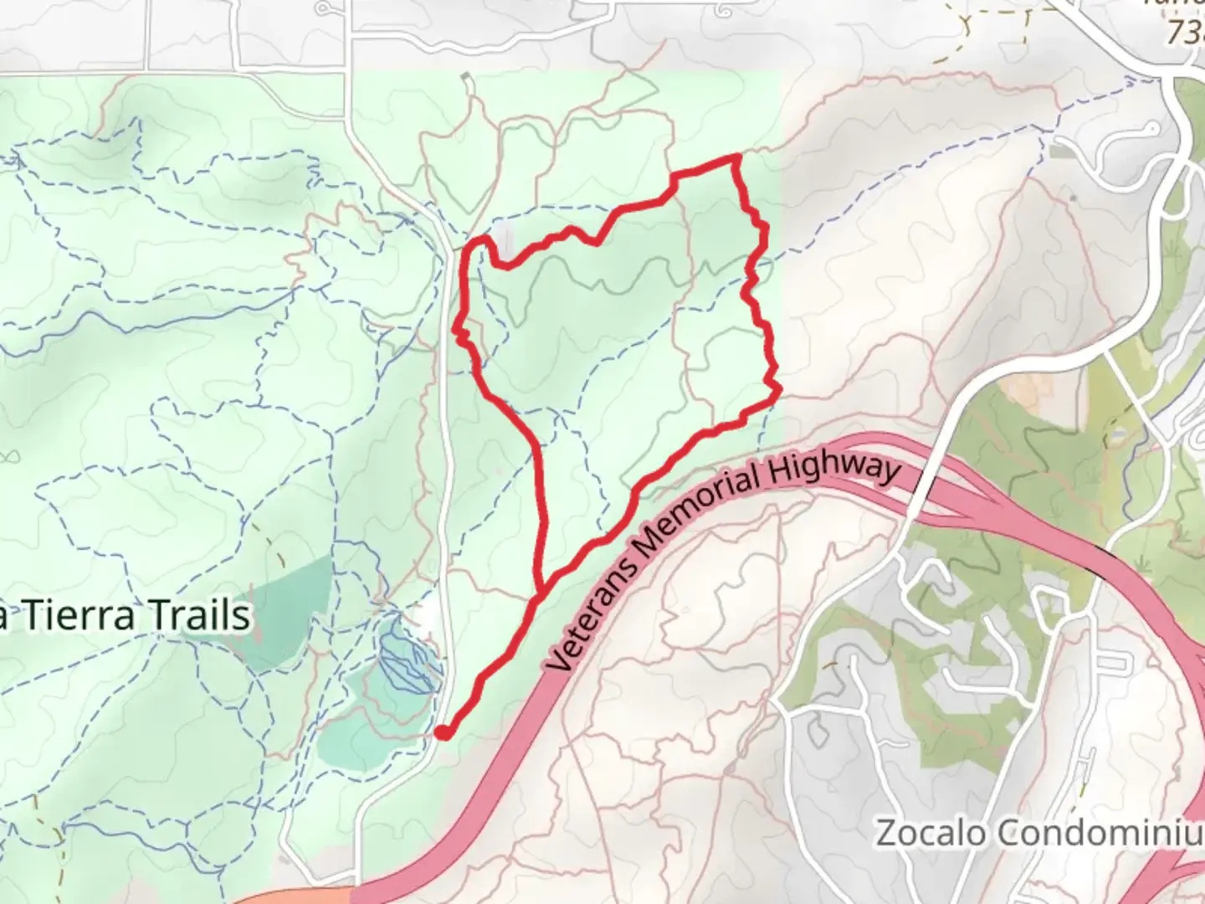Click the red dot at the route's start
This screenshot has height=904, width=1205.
point(443,733)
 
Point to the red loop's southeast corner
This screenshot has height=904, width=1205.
point(778,389)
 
